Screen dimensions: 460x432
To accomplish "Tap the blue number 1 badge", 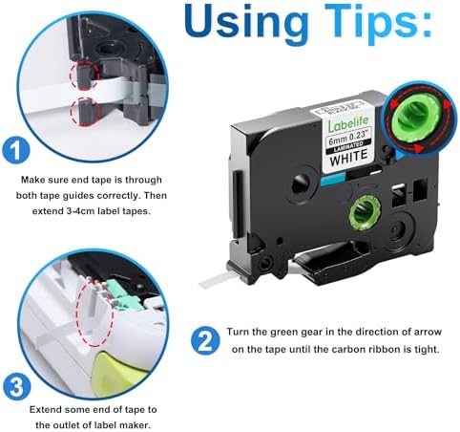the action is coord(16,150).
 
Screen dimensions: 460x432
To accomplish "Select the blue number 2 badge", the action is coord(205,340).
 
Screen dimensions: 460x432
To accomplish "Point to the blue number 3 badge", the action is coord(17,388).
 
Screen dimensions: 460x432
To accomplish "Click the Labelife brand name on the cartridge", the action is coord(348,123).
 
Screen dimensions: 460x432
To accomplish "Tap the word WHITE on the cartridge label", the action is coord(349,157).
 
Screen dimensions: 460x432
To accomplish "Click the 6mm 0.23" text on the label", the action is coord(348,138).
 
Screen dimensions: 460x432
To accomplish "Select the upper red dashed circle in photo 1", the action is coord(85,76).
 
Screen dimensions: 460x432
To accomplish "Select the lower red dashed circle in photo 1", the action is coord(85,112).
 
